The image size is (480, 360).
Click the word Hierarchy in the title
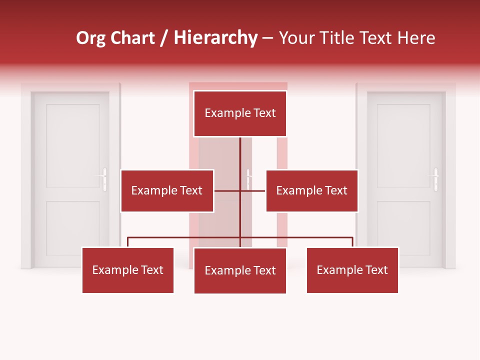tap(215, 38)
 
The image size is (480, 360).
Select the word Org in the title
tap(91, 38)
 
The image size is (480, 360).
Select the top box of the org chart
tap(240, 113)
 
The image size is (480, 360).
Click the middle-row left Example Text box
tap(167, 190)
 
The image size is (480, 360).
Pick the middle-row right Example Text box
tap(311, 190)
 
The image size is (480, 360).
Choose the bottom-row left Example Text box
tap(127, 270)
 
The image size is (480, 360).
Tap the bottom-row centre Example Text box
tap(240, 270)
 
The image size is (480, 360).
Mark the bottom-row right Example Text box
tap(352, 270)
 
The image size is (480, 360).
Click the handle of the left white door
tap(104, 179)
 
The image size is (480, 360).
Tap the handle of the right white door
tap(435, 179)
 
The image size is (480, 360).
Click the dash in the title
tap(267, 38)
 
